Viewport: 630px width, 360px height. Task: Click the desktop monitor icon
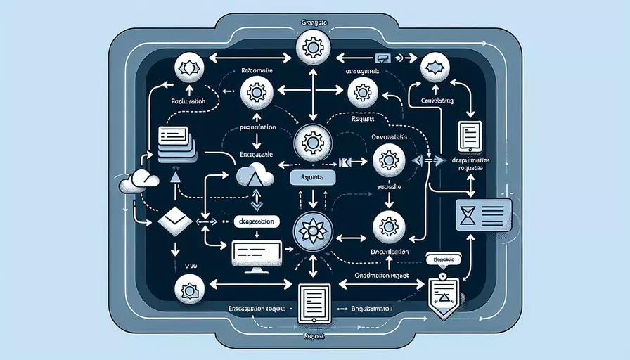click(x=256, y=251)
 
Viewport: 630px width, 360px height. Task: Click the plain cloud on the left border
click(x=137, y=182)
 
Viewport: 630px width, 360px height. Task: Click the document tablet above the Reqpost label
click(x=309, y=302)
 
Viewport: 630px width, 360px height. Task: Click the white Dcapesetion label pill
click(x=256, y=221)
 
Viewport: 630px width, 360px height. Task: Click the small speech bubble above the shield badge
click(x=442, y=259)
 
